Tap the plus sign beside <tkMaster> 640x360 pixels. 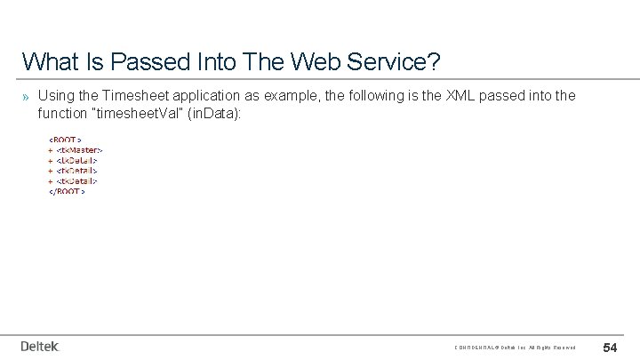[51, 149]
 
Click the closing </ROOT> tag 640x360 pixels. [67, 192]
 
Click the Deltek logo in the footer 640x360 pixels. [40, 346]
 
